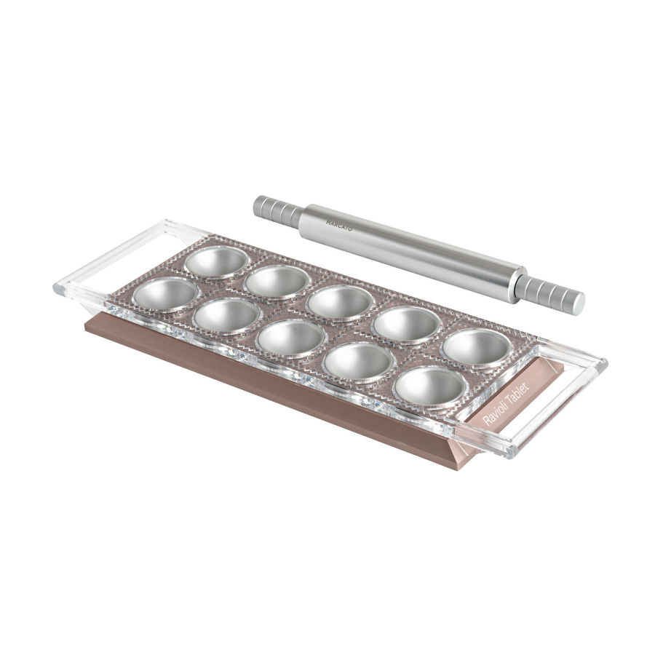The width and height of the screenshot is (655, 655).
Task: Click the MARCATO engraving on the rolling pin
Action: click(339, 226)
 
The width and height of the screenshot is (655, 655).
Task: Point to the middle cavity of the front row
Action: click(291, 339)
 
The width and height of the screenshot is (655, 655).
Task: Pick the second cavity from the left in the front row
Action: click(229, 316)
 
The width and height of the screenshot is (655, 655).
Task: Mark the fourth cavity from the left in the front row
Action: click(358, 361)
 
